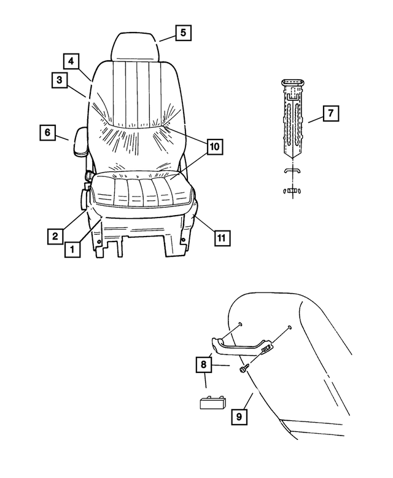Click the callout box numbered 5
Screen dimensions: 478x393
(182, 32)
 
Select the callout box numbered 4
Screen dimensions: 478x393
(71, 61)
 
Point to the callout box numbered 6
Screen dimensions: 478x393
(49, 132)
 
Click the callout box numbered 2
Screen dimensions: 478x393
(55, 235)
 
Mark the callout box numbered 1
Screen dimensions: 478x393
(72, 249)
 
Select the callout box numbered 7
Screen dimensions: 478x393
(330, 114)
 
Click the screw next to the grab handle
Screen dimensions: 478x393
(245, 369)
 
